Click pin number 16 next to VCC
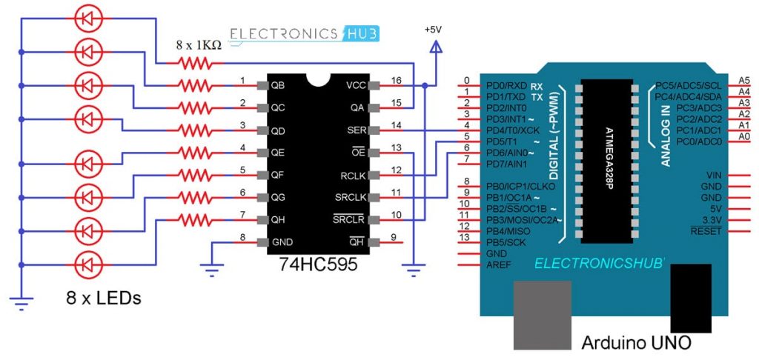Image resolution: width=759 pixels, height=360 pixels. (x=396, y=79)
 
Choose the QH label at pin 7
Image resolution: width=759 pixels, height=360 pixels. (x=279, y=220)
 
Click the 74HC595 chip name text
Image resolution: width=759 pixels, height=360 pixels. (x=312, y=264)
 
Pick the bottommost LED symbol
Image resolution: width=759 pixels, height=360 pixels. (x=89, y=263)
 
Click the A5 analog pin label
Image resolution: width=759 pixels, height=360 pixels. (x=744, y=80)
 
